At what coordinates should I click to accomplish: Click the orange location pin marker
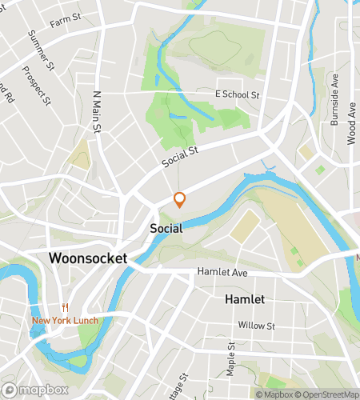[x=180, y=199]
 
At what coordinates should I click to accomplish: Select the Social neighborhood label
[x=166, y=228]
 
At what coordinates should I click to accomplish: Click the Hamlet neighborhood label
[x=245, y=298]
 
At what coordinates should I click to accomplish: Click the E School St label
[x=238, y=94]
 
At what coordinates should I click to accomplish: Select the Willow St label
[x=256, y=326]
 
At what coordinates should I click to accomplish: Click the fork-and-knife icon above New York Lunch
[x=64, y=308]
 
